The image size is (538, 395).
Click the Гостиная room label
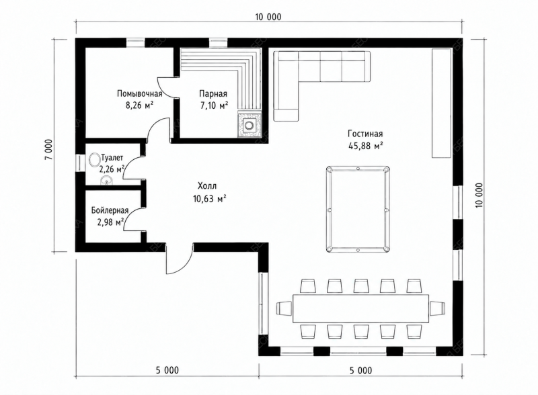pyautogui.click(x=365, y=134)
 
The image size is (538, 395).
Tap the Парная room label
pyautogui.click(x=213, y=93)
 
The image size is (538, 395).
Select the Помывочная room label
pyautogui.click(x=139, y=93)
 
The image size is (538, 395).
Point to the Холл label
pyautogui.click(x=207, y=186)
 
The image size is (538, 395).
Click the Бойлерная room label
pyautogui.click(x=110, y=210)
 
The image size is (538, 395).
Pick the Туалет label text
pyautogui.click(x=112, y=158)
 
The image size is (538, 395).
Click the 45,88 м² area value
pyautogui.click(x=366, y=146)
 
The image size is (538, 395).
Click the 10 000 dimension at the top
pyautogui.click(x=268, y=17)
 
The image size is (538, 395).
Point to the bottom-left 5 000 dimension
pyautogui.click(x=167, y=370)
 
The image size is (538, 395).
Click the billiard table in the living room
pyautogui.click(x=358, y=210)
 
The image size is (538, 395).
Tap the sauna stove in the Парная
pyautogui.click(x=249, y=125)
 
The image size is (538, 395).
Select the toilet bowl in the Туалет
pyautogui.click(x=94, y=159)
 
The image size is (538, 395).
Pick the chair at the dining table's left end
pyautogui.click(x=284, y=307)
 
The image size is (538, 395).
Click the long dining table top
pyautogui.click(x=361, y=308)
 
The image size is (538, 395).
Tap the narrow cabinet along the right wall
pyautogui.click(x=441, y=103)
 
